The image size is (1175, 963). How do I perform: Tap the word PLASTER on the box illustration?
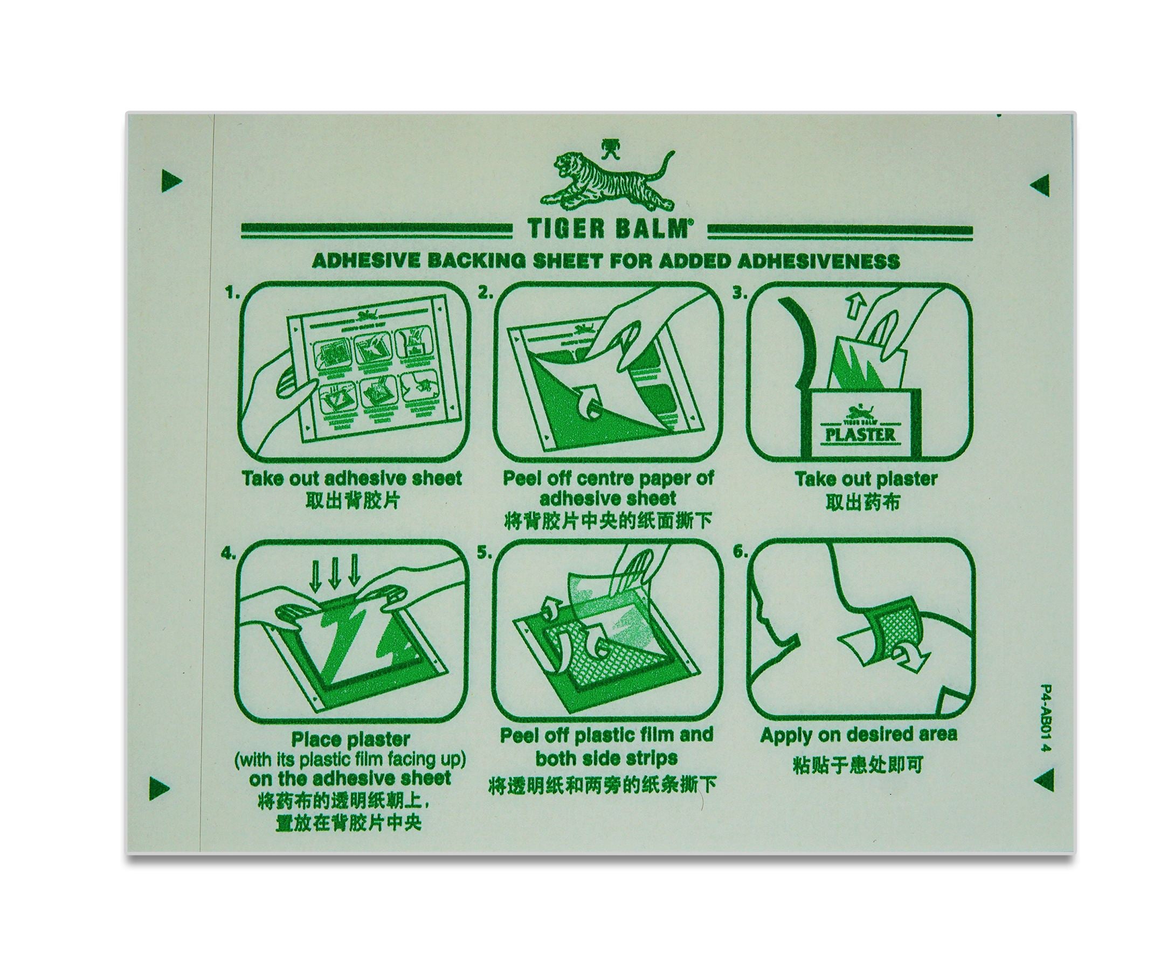click(x=861, y=434)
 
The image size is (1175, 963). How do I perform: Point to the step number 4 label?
click(x=227, y=554)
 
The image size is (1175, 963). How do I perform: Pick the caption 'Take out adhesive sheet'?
click(x=352, y=478)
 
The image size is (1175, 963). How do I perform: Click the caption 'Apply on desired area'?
click(x=858, y=735)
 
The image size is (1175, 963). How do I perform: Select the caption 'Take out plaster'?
click(x=866, y=479)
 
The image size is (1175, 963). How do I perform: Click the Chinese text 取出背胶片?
click(x=352, y=501)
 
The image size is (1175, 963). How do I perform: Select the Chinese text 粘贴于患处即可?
click(x=858, y=765)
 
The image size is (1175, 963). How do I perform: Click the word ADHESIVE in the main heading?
click(x=358, y=261)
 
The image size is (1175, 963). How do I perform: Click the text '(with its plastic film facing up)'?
click(x=350, y=759)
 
